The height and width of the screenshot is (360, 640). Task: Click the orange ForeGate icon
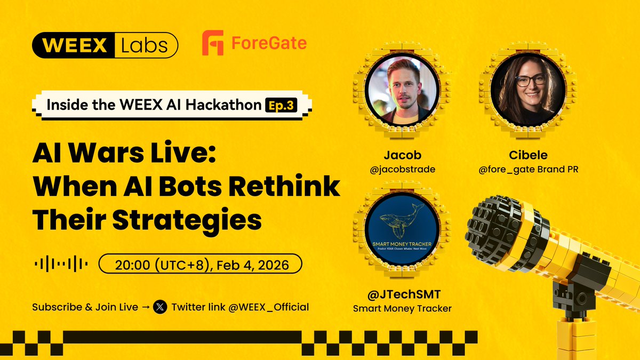pyautogui.click(x=213, y=43)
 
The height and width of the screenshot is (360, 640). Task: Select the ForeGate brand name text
pyautogui.click(x=269, y=43)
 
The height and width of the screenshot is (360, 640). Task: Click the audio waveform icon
pyautogui.click(x=61, y=263)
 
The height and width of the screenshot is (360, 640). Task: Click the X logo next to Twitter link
pyautogui.click(x=159, y=307)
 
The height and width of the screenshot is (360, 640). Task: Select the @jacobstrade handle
pyautogui.click(x=402, y=169)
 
